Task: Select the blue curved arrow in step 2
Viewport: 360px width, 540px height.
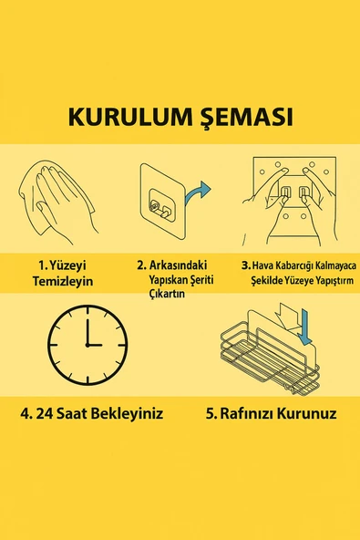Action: pyautogui.click(x=197, y=192)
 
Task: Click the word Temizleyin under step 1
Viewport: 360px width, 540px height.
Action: pyautogui.click(x=65, y=282)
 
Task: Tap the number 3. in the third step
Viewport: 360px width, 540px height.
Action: pyautogui.click(x=246, y=265)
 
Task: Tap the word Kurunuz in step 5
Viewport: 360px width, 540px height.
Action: pyautogui.click(x=309, y=413)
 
